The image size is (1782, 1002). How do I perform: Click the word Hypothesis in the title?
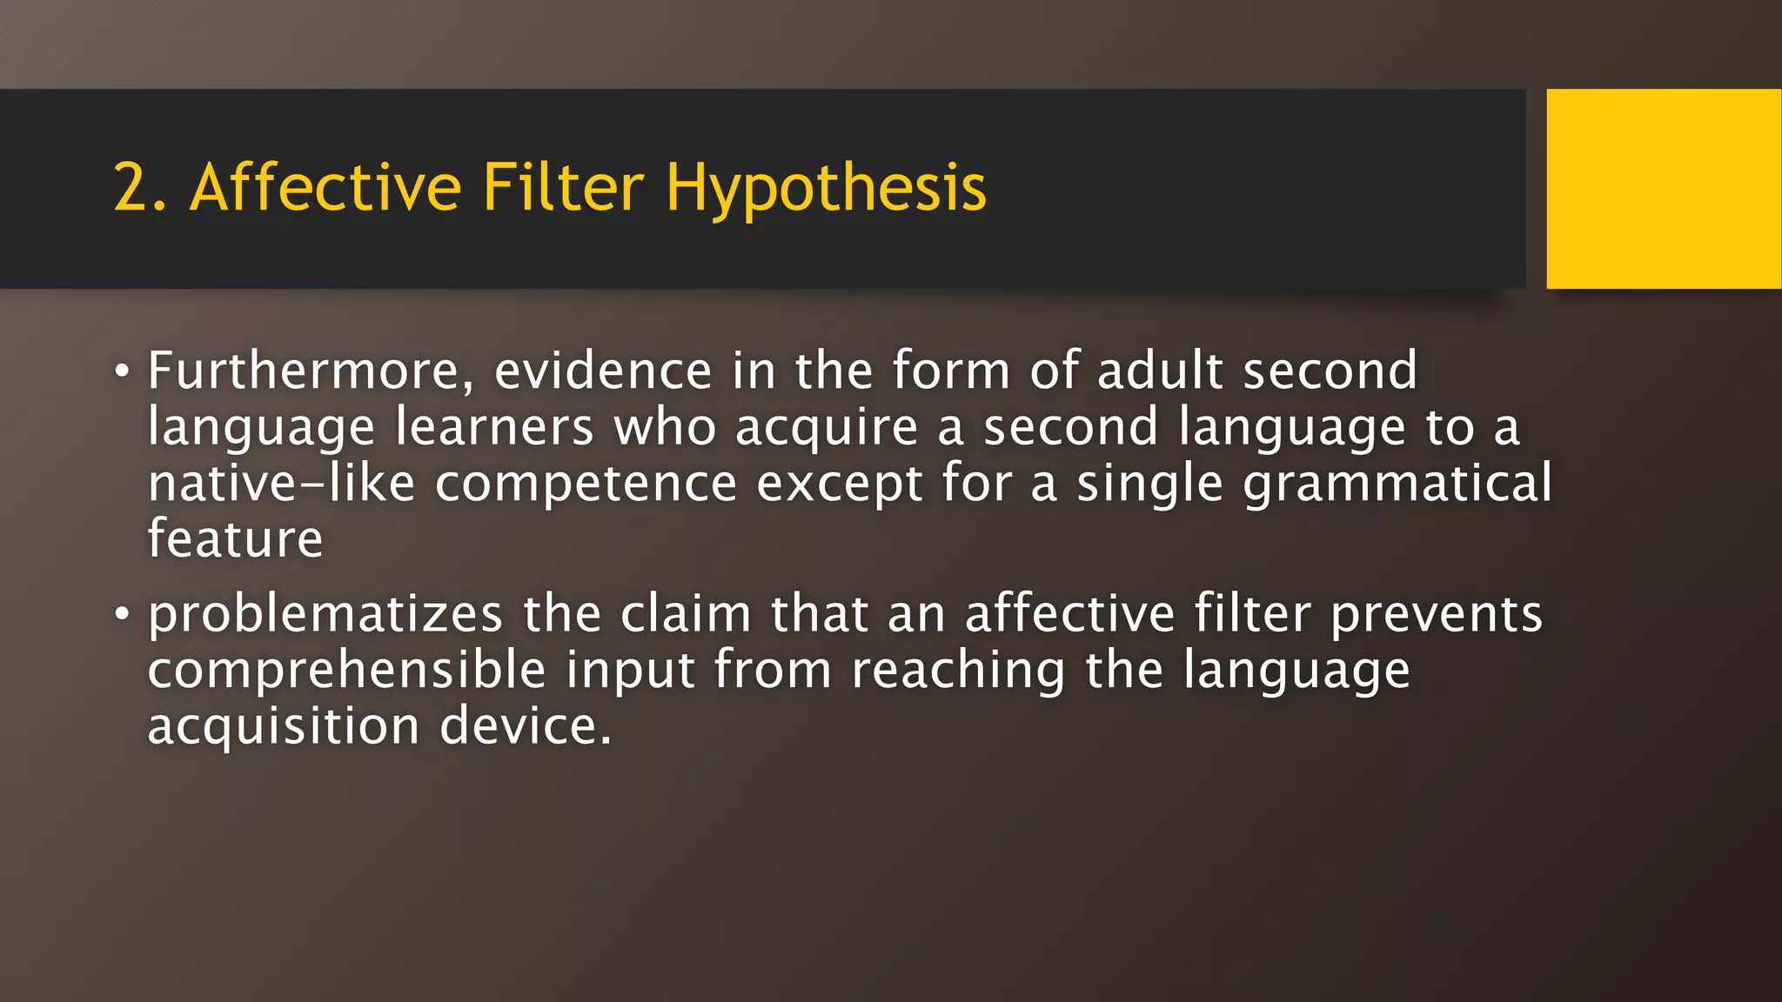[826, 189]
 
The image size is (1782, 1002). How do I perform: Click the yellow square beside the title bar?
[1663, 189]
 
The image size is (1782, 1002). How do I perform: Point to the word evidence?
[603, 371]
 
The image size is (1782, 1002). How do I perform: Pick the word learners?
[494, 428]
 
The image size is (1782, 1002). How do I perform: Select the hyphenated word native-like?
[281, 484]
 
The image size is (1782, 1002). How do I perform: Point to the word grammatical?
[1397, 485]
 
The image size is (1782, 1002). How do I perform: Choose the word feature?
[235, 539]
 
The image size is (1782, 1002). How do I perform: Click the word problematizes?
[325, 615]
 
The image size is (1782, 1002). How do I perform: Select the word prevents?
[1437, 615]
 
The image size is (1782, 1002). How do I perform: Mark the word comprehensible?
[346, 671]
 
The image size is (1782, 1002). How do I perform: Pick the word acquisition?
[284, 727]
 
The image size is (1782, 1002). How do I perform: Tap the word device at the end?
[525, 727]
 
